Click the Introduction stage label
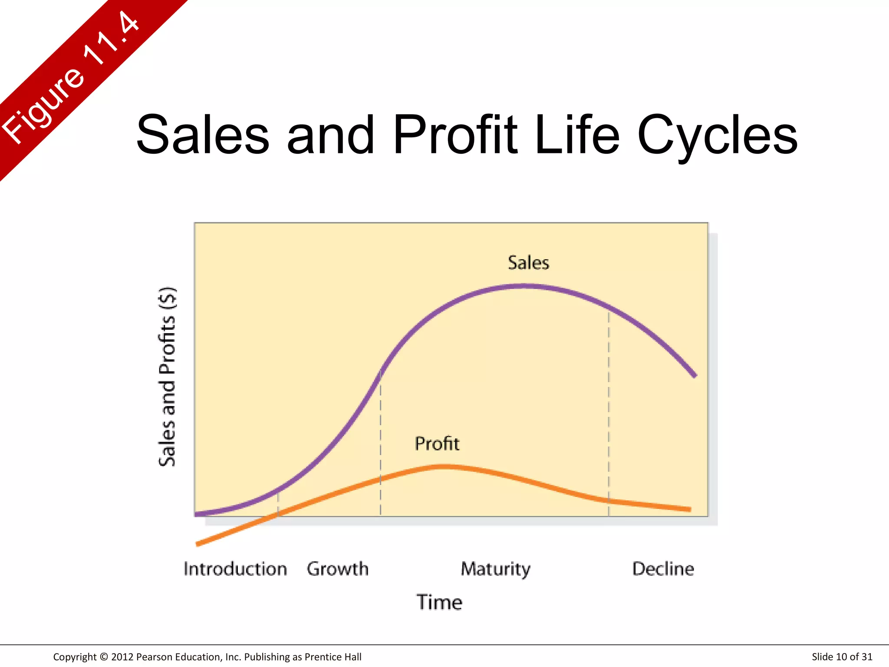(x=235, y=569)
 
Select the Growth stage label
(x=337, y=569)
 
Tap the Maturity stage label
(x=495, y=569)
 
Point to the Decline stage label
(x=663, y=569)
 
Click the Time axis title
(x=439, y=602)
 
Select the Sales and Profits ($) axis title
(x=167, y=377)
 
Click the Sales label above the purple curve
(x=528, y=263)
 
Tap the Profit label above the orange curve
(x=437, y=444)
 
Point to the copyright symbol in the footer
(x=103, y=657)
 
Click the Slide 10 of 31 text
(x=842, y=657)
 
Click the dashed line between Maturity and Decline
(x=609, y=413)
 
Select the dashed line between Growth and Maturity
(x=381, y=443)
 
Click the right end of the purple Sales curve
(x=695, y=375)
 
